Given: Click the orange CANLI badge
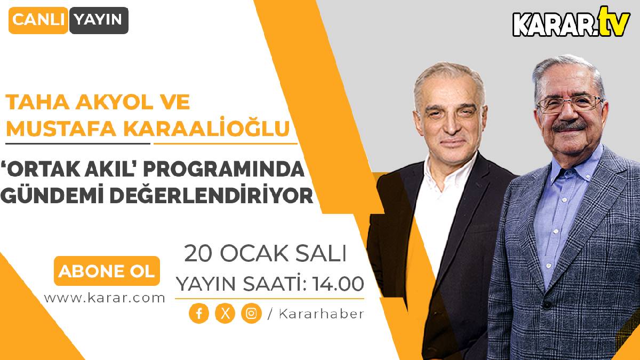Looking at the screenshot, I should (x=38, y=20).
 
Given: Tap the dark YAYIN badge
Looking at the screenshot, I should (x=98, y=20).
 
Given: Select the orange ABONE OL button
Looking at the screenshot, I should (x=107, y=271).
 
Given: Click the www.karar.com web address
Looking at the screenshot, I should (x=105, y=298).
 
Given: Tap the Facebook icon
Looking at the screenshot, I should (x=199, y=314).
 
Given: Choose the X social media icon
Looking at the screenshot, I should (x=225, y=314).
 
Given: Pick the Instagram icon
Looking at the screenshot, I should (x=251, y=314).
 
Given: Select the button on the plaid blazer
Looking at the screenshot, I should (x=547, y=305).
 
